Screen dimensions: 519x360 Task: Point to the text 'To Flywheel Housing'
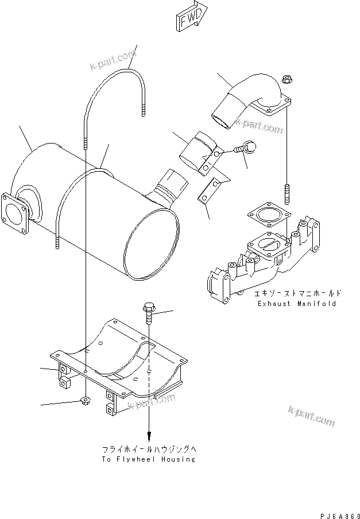pyautogui.click(x=149, y=459)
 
